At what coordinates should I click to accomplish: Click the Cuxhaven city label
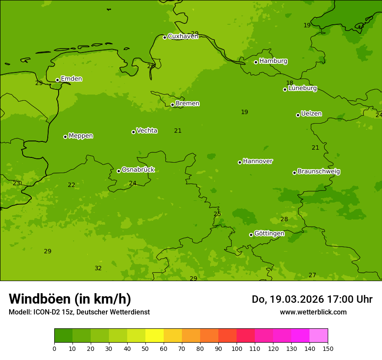(x=183, y=36)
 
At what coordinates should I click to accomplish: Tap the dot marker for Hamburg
(x=256, y=62)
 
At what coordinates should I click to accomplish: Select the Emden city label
(x=71, y=79)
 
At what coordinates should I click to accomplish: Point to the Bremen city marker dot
(x=172, y=105)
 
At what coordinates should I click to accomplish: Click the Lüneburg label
(x=303, y=88)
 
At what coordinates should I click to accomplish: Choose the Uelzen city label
(x=311, y=114)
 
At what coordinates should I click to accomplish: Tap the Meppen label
(x=81, y=136)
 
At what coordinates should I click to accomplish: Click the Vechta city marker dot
(x=133, y=132)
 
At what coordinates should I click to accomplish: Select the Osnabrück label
(x=138, y=170)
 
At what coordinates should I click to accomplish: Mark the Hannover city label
(x=258, y=161)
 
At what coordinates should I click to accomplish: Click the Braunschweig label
(x=319, y=172)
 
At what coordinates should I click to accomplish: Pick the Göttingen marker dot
(x=251, y=235)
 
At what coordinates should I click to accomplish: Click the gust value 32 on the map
(x=98, y=268)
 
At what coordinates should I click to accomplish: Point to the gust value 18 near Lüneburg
(x=290, y=83)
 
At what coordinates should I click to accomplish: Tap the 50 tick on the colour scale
(x=145, y=348)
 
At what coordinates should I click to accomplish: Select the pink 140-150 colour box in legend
(x=319, y=336)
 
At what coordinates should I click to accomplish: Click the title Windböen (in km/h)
(x=70, y=299)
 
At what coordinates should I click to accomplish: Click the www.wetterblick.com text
(x=313, y=312)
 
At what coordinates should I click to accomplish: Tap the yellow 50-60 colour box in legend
(x=155, y=336)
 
